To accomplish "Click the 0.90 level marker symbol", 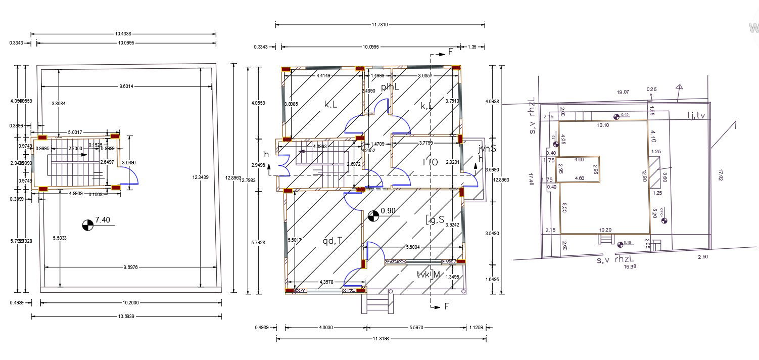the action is point(373,216).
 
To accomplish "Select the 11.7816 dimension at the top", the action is point(380,24).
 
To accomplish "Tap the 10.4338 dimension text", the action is point(123,34).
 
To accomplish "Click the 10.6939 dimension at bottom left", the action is point(126,316).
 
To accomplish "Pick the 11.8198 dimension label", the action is point(381,339).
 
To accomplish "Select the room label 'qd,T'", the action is point(332,241).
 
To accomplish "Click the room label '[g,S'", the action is point(435,219).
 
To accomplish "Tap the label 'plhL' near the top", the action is point(390,87).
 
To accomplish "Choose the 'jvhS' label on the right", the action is point(487,149).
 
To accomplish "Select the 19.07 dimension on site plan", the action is point(623,92).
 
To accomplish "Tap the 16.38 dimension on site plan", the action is point(630,266).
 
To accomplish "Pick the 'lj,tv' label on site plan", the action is point(696,116).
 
